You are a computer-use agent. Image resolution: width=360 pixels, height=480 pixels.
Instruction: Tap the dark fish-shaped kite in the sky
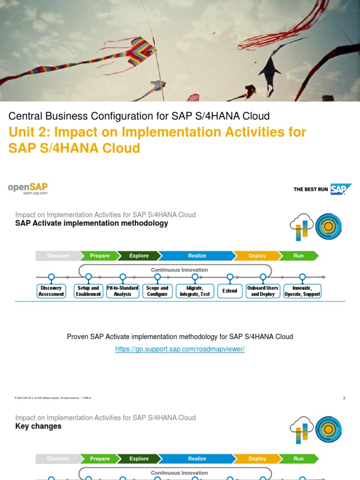[269, 70]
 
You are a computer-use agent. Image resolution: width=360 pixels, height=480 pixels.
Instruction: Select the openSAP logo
[28, 188]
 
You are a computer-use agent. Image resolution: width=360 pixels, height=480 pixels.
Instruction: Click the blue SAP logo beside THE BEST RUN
[340, 189]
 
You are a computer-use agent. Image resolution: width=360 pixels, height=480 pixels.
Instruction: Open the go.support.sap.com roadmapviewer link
[180, 349]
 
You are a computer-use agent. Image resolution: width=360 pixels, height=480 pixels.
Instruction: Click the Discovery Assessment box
[51, 291]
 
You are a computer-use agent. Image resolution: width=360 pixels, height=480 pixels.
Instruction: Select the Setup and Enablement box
[89, 291]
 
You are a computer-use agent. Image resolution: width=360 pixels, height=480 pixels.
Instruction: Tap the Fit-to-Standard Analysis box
[123, 291]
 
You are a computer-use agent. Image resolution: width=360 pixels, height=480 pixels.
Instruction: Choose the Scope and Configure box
[157, 291]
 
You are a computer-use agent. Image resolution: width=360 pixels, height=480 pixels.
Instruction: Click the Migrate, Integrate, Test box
[195, 291]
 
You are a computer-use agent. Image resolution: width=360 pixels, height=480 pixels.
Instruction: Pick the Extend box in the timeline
[230, 291]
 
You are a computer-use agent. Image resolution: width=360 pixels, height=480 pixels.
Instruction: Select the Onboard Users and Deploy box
[263, 291]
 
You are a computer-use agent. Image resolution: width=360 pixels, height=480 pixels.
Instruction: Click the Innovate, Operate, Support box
[302, 291]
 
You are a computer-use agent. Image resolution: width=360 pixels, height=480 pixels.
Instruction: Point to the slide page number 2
[344, 398]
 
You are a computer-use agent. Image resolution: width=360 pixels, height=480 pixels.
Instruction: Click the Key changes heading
[38, 426]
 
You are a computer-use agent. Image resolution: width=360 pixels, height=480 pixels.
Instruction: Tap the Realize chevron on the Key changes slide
[197, 458]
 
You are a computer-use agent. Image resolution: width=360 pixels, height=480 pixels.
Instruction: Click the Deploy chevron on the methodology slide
[257, 255]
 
